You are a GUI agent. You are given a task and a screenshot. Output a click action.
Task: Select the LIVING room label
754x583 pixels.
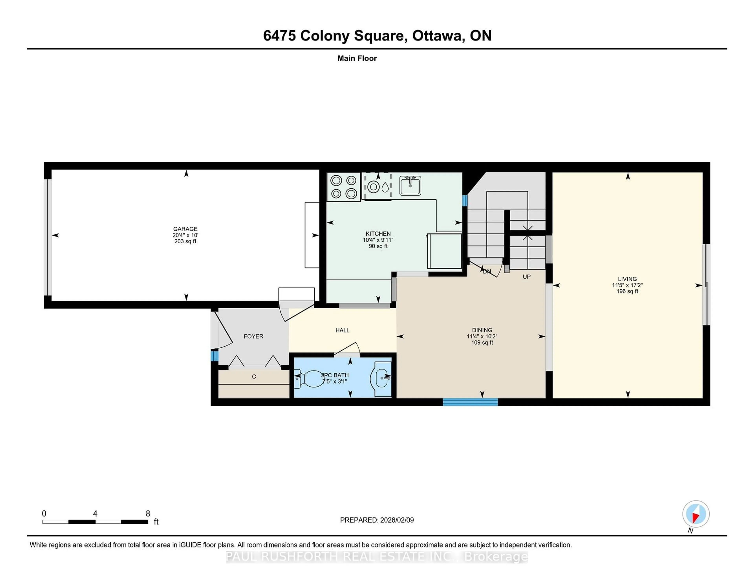click(x=627, y=279)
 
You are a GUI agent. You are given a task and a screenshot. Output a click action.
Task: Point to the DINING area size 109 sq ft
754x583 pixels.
click(x=482, y=343)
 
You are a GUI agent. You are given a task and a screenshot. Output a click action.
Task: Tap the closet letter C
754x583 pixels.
click(x=254, y=377)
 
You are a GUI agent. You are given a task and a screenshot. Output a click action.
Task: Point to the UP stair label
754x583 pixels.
click(x=526, y=277)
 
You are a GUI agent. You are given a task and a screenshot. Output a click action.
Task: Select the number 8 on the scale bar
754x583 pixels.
click(x=148, y=514)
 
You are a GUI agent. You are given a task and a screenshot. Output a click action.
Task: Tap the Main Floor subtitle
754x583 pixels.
click(x=357, y=58)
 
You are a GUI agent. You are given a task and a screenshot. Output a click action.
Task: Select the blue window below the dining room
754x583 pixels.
click(x=470, y=402)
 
